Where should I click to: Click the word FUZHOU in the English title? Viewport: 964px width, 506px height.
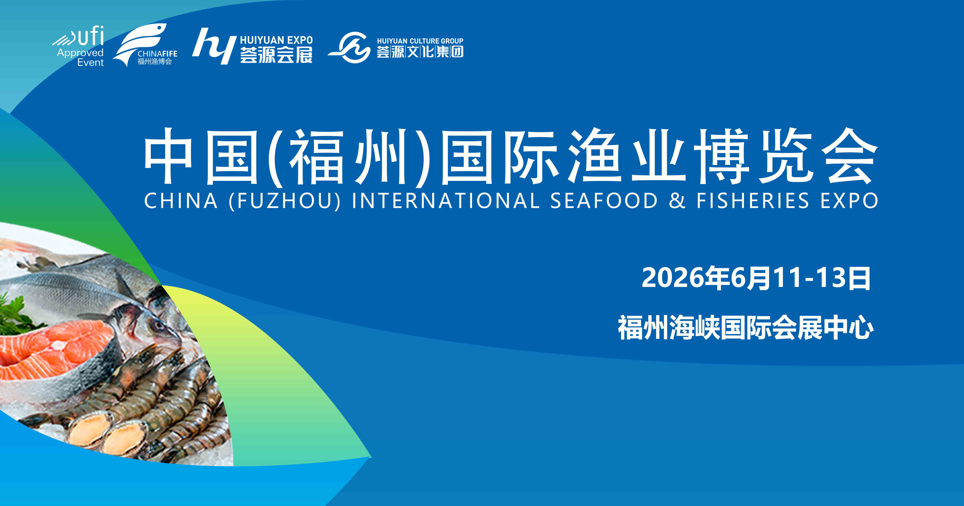284,201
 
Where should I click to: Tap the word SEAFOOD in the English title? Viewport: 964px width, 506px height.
603,201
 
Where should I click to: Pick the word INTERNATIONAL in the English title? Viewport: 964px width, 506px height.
445,201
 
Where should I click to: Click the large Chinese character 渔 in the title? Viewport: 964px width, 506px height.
595,157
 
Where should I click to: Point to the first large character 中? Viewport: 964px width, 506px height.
168,157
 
